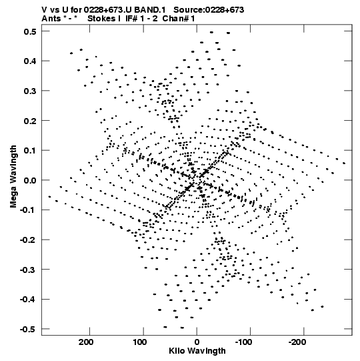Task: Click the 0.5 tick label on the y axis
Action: (x=30, y=31)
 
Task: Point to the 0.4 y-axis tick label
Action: (x=30, y=61)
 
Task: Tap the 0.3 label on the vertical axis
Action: (x=30, y=91)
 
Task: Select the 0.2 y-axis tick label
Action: (x=30, y=121)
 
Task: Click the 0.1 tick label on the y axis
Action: (x=30, y=151)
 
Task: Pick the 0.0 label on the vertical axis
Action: (x=30, y=180)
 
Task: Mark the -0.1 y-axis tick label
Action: (x=28, y=210)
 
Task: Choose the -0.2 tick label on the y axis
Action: (x=28, y=240)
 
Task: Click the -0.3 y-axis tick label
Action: (x=28, y=270)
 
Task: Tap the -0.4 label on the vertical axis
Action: (x=28, y=300)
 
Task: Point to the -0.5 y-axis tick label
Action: (x=28, y=329)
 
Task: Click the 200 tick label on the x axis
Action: (x=86, y=342)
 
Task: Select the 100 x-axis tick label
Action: (x=139, y=342)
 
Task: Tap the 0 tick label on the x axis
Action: (x=197, y=342)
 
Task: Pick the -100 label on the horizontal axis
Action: (x=243, y=342)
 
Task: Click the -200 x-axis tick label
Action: (x=297, y=342)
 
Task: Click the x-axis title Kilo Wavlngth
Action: (x=197, y=351)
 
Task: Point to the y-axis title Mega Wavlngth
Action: (x=13, y=177)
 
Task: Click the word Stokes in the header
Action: (x=101, y=19)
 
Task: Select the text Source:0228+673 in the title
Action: (x=209, y=10)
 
